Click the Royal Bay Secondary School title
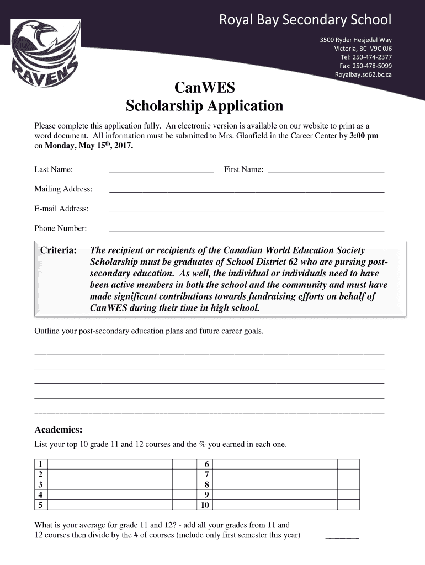(305, 20)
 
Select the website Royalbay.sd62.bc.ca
(363, 75)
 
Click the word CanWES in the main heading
(204, 88)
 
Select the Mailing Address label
(63, 189)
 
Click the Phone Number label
(61, 228)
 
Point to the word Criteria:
(59, 251)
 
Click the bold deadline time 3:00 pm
(364, 136)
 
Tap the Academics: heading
(59, 430)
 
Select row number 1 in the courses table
(40, 464)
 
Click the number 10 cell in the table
(205, 505)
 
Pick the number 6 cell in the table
(206, 464)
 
